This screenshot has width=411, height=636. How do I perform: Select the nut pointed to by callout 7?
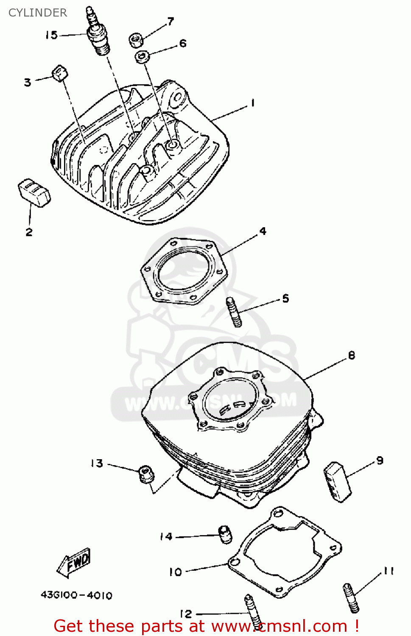135,40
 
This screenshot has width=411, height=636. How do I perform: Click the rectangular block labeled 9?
338,482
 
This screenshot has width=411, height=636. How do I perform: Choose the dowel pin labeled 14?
225,534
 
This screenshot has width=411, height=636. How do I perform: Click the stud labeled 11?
351,597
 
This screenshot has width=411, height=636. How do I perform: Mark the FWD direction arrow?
74,563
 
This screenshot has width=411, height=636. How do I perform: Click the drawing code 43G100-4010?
76,595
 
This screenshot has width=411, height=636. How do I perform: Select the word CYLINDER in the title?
38,13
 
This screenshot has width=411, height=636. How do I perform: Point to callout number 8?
352,355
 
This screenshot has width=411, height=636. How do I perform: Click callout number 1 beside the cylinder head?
253,103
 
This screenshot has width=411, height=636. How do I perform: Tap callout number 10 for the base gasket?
175,572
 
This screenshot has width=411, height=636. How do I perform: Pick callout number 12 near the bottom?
186,614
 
